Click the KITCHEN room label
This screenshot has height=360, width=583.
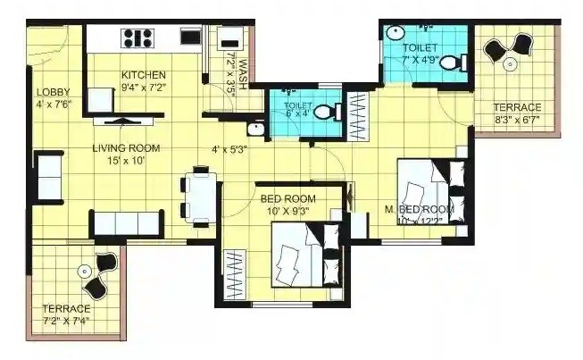click(143, 74)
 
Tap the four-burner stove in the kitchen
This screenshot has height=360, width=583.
click(137, 38)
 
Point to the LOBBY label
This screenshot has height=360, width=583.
click(46, 92)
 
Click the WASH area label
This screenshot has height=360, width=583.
click(241, 65)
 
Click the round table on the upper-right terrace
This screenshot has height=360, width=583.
click(508, 63)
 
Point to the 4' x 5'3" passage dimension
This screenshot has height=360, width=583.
click(230, 149)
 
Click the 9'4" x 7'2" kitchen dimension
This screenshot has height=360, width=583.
click(143, 88)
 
